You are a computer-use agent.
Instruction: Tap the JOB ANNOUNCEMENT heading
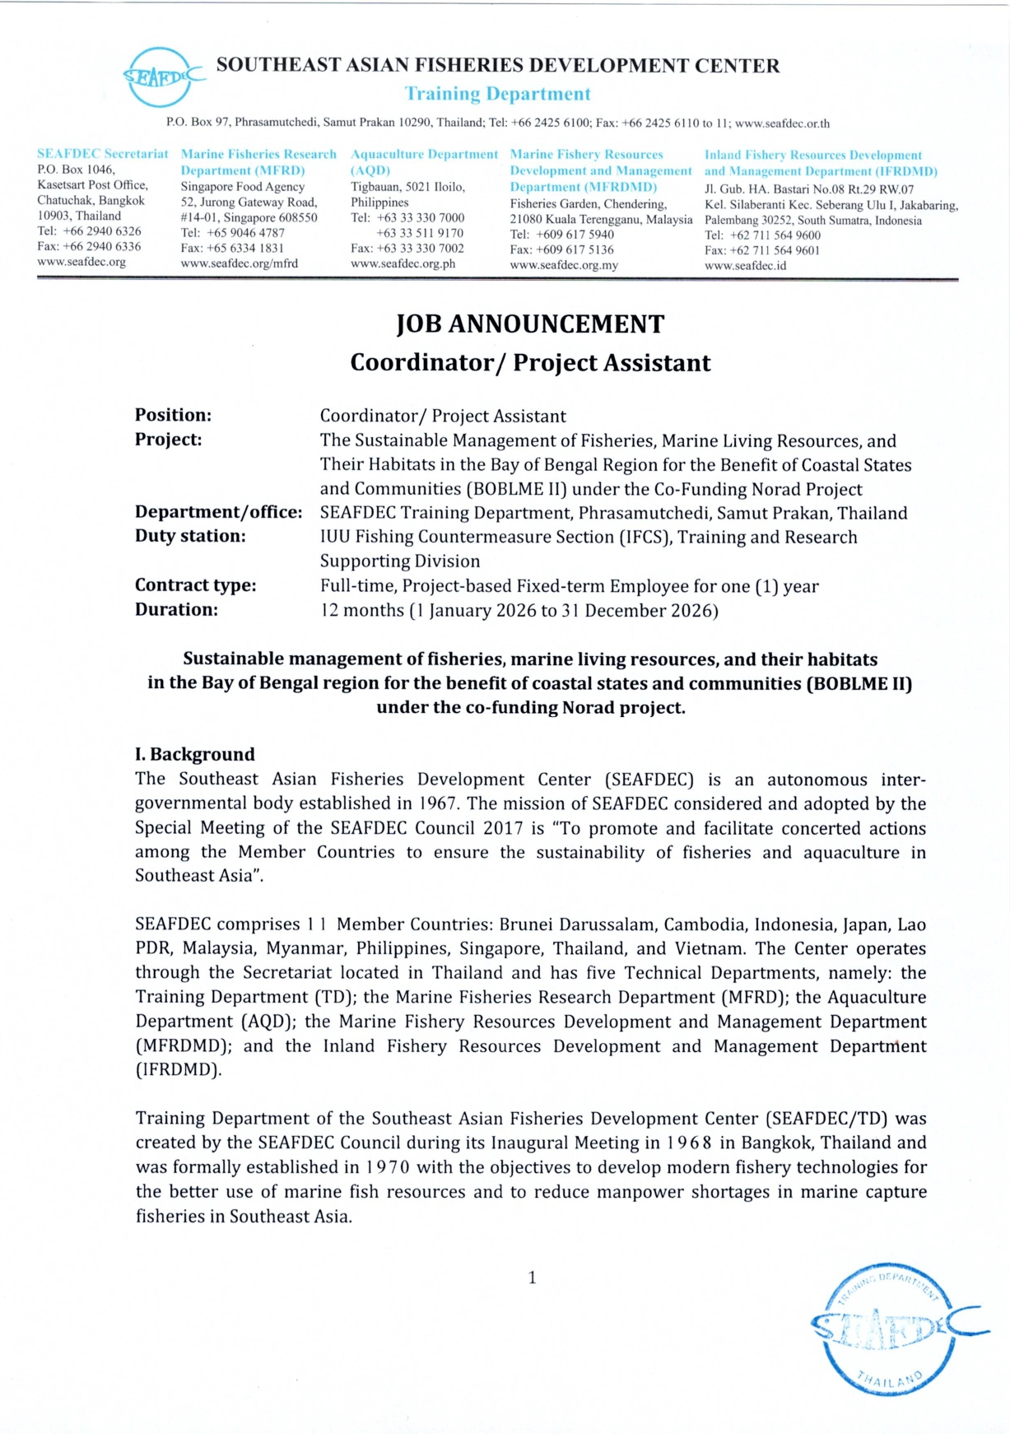530,324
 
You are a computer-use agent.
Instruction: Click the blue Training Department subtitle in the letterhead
497,94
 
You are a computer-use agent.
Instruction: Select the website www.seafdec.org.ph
403,264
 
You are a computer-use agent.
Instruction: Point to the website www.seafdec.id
745,266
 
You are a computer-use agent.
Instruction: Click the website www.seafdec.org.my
564,265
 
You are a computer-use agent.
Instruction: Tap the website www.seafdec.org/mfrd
240,263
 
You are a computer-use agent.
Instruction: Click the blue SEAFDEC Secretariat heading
102,154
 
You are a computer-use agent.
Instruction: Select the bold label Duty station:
190,536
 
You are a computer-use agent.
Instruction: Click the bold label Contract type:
195,585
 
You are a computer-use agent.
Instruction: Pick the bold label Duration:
176,610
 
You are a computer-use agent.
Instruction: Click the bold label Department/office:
219,512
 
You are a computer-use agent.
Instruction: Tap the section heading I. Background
195,754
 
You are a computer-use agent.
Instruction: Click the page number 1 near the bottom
532,1278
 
